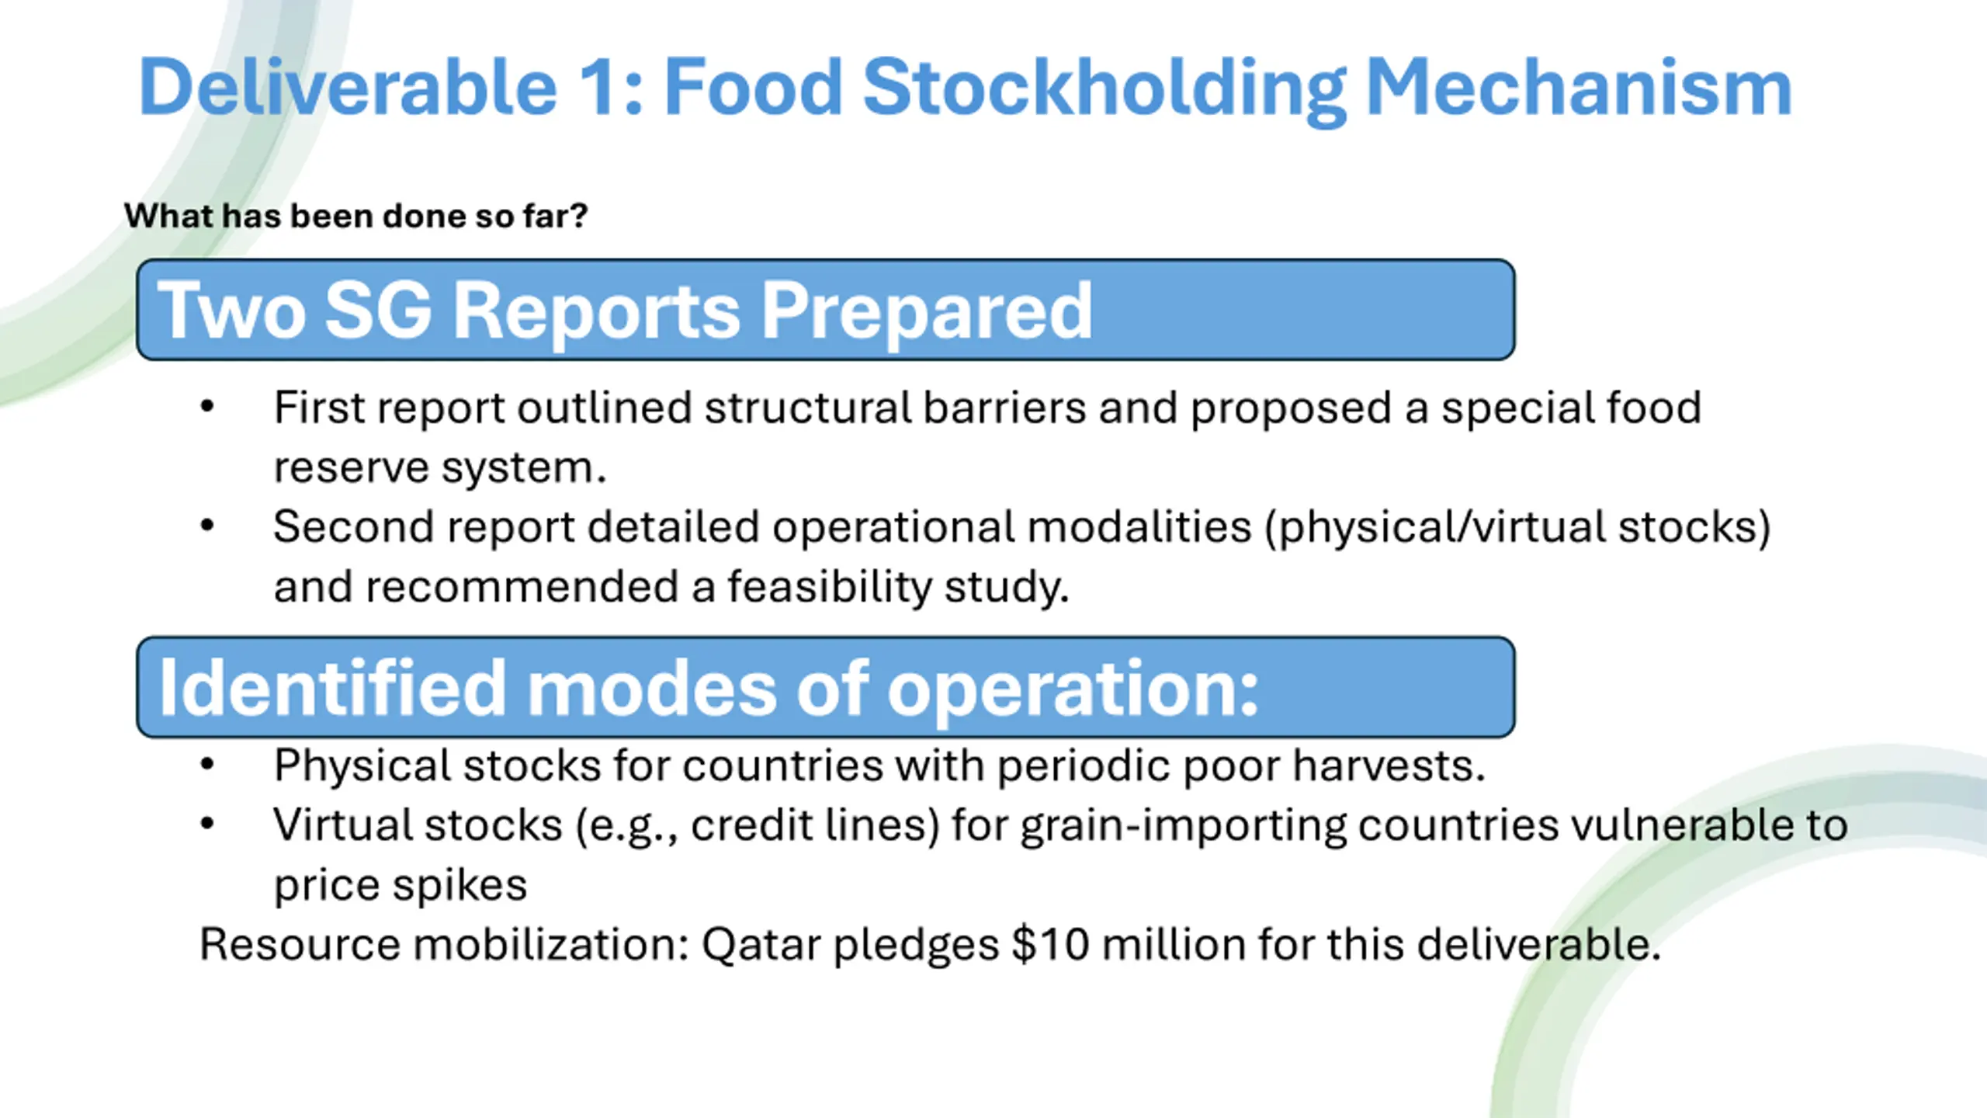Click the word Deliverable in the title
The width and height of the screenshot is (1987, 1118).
pyautogui.click(x=349, y=87)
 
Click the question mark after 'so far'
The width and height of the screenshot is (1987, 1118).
pyautogui.click(x=577, y=215)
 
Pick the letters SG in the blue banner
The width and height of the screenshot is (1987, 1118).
pyautogui.click(x=378, y=310)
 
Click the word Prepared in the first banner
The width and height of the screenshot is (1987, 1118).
pyautogui.click(x=927, y=312)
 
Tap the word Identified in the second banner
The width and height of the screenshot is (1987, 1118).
pyautogui.click(x=332, y=687)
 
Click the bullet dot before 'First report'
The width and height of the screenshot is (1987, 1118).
pyautogui.click(x=206, y=407)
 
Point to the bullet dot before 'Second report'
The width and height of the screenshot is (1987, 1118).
pyautogui.click(x=206, y=526)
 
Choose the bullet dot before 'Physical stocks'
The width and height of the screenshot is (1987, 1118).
pyautogui.click(x=206, y=765)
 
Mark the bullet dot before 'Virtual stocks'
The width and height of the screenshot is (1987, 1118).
pyautogui.click(x=206, y=824)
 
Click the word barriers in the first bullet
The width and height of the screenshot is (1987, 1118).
pyautogui.click(x=1004, y=408)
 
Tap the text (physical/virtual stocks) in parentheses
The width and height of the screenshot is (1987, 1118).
pyautogui.click(x=1517, y=528)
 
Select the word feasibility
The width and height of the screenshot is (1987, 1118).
pyautogui.click(x=830, y=587)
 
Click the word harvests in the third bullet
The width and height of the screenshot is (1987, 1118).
pyautogui.click(x=1389, y=766)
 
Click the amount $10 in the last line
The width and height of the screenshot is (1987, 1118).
pyautogui.click(x=1051, y=945)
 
